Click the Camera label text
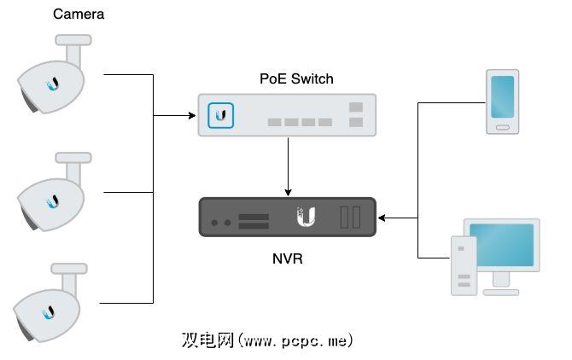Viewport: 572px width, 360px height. (x=79, y=15)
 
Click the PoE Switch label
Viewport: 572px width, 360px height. (x=296, y=79)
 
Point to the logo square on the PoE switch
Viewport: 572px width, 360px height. (x=222, y=115)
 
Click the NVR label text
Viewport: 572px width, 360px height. (x=288, y=256)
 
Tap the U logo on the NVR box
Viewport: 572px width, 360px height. (x=305, y=217)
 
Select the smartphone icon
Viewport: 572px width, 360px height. (x=502, y=102)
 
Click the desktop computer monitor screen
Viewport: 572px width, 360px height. (x=502, y=246)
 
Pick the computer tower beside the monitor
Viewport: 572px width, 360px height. (x=464, y=266)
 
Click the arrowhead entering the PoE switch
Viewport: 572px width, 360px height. (x=191, y=115)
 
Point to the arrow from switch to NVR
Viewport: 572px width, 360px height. (x=288, y=166)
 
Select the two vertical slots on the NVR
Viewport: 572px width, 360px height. (x=350, y=218)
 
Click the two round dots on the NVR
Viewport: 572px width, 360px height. (x=221, y=223)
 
